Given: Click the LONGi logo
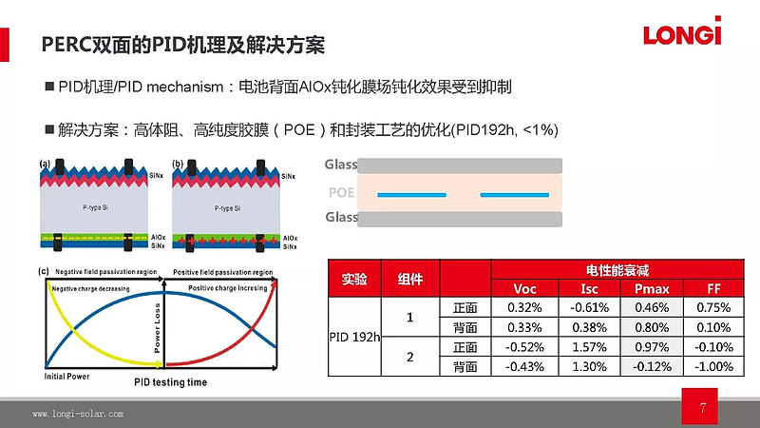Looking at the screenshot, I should tap(682, 34).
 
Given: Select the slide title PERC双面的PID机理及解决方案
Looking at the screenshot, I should tap(184, 46).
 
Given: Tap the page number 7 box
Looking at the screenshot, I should tap(702, 410).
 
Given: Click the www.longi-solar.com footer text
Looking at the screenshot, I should tap(78, 415).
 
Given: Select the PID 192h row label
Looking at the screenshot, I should tap(354, 337).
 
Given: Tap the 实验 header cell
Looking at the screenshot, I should tap(354, 280).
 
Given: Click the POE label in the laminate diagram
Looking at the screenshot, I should tap(340, 192).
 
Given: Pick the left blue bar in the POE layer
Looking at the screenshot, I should tap(412, 194).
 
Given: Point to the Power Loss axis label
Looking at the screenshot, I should tap(158, 329).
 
